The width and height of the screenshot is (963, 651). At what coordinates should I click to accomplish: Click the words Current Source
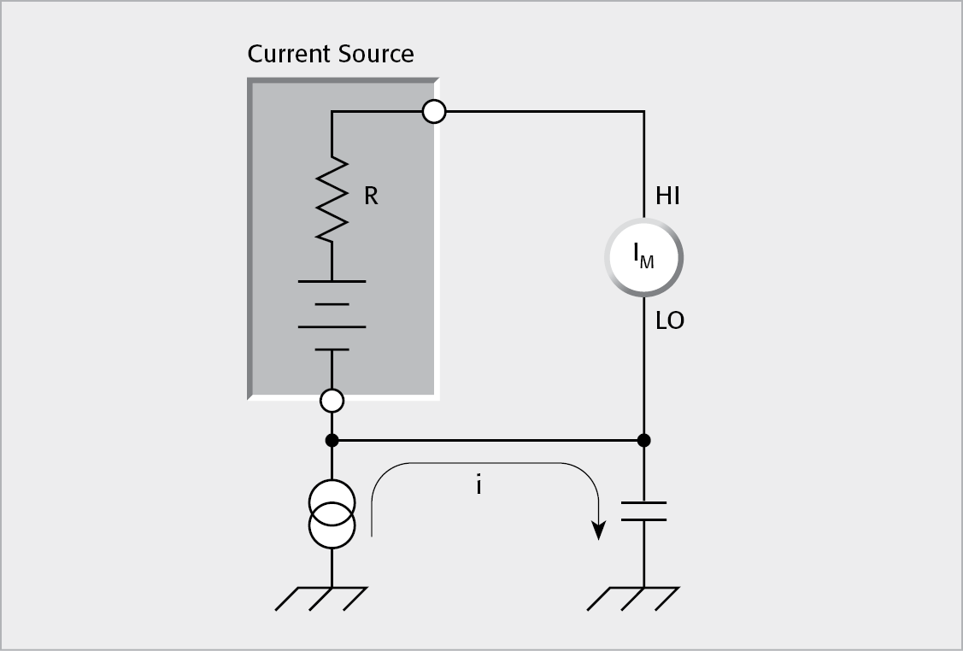pyautogui.click(x=331, y=55)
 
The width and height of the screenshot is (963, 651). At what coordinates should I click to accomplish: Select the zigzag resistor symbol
pyautogui.click(x=332, y=198)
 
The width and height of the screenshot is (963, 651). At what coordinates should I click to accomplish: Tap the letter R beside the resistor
pyautogui.click(x=371, y=196)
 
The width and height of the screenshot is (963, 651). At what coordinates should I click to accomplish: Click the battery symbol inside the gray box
pyautogui.click(x=332, y=314)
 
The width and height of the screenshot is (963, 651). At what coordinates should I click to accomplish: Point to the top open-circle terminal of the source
pyautogui.click(x=434, y=111)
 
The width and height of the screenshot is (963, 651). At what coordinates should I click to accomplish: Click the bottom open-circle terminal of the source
pyautogui.click(x=332, y=400)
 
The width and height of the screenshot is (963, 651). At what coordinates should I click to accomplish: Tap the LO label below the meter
pyautogui.click(x=670, y=322)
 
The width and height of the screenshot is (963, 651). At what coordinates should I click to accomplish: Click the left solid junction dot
pyautogui.click(x=332, y=441)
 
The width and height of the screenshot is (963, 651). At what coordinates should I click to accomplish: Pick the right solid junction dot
pyautogui.click(x=644, y=441)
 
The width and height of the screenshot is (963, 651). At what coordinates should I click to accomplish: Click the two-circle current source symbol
pyautogui.click(x=332, y=513)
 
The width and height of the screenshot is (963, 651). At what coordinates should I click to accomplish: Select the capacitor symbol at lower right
pyautogui.click(x=644, y=511)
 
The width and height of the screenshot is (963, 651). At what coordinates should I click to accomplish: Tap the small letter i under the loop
pyautogui.click(x=479, y=485)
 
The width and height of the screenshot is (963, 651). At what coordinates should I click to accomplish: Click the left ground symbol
pyautogui.click(x=322, y=597)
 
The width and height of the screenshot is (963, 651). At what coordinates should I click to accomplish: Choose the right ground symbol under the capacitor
pyautogui.click(x=634, y=597)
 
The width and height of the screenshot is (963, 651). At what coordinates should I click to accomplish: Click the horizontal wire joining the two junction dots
pyautogui.click(x=487, y=441)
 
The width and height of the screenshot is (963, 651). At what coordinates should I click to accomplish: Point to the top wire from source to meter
pyautogui.click(x=543, y=111)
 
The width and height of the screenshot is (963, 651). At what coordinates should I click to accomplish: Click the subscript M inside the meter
pyautogui.click(x=648, y=262)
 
